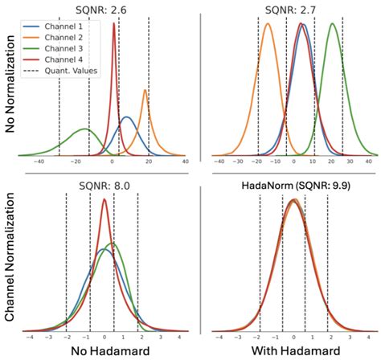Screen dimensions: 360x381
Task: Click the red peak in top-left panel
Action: pyautogui.click(x=113, y=23)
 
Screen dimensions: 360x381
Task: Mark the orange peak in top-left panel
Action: pyautogui.click(x=145, y=91)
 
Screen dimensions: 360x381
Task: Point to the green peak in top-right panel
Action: pyautogui.click(x=332, y=23)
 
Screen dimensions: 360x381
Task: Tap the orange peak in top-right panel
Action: pyautogui.click(x=267, y=24)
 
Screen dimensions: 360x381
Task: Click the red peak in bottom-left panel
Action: pyautogui.click(x=104, y=200)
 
